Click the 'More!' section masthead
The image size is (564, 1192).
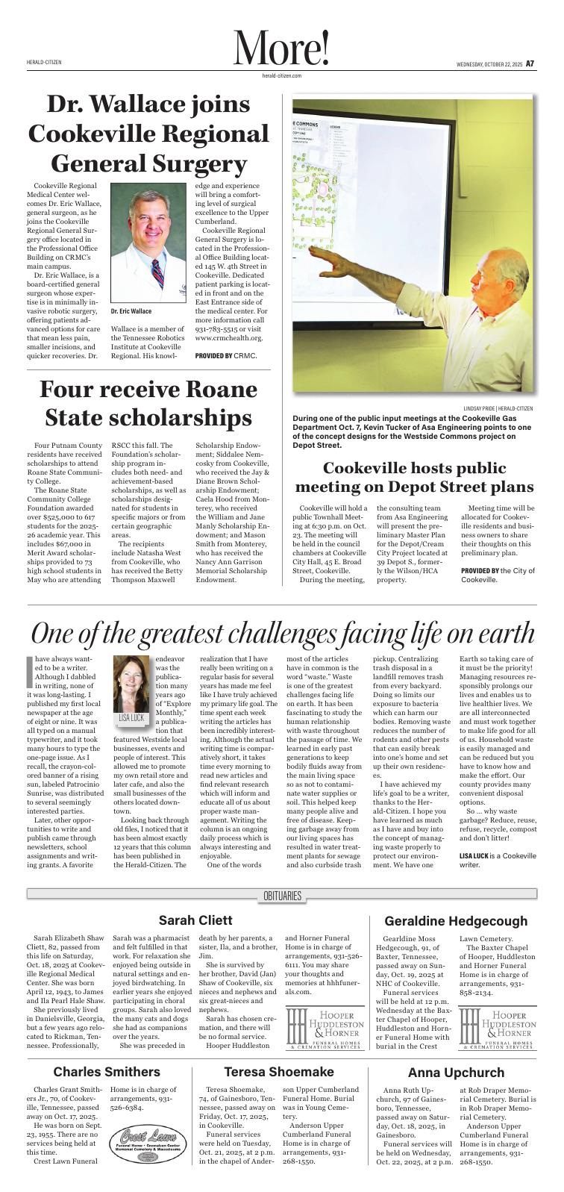pos(281,49)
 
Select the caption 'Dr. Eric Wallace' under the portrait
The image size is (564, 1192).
pos(131,311)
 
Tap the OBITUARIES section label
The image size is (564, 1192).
pos(282,895)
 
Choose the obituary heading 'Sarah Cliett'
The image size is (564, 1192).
pos(195,920)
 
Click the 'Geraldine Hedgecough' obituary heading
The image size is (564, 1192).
pos(455,921)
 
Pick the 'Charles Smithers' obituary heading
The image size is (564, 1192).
pos(106,1072)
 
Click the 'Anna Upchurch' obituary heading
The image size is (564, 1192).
pos(456,1073)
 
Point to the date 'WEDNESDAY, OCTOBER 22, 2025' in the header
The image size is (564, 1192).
pos(489,64)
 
